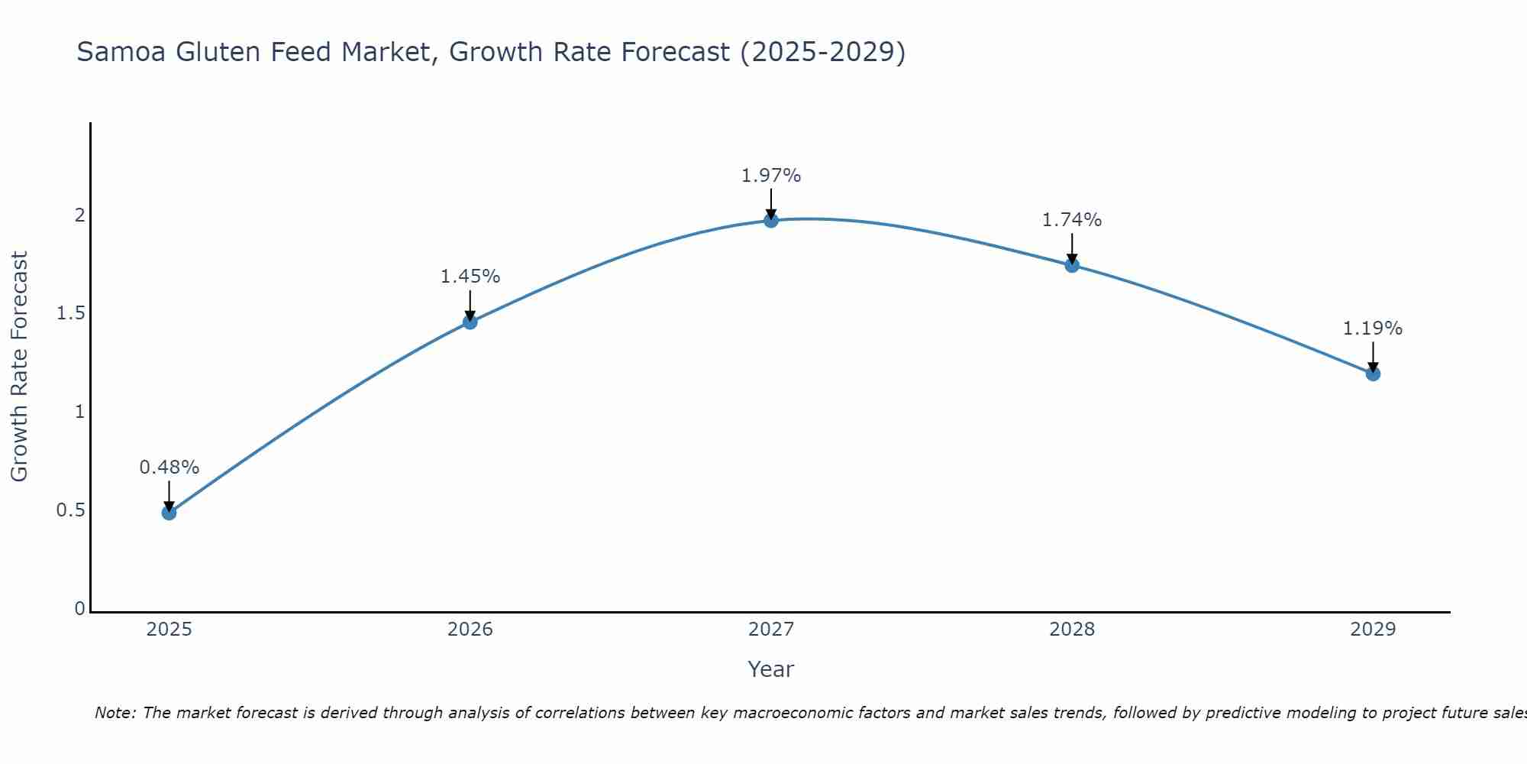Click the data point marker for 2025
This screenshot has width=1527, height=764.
click(x=169, y=512)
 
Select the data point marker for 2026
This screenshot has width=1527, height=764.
click(x=470, y=322)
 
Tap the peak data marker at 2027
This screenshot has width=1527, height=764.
click(x=771, y=220)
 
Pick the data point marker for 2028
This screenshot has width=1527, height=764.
click(x=1072, y=265)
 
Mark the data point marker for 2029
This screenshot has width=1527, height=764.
click(x=1373, y=374)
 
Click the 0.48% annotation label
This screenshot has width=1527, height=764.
click(x=169, y=467)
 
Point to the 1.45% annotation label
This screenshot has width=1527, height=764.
click(x=470, y=277)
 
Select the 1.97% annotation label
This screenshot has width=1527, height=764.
click(x=771, y=176)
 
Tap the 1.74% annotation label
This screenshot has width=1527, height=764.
click(x=1072, y=220)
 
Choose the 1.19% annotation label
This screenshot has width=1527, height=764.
click(x=1373, y=329)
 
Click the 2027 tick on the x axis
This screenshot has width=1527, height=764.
click(x=771, y=630)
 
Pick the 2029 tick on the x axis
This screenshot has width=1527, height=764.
click(x=1373, y=630)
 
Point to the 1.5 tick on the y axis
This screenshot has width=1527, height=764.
click(x=70, y=313)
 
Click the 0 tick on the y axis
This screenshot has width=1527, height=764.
click(x=79, y=609)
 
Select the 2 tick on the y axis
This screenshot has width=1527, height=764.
click(x=79, y=215)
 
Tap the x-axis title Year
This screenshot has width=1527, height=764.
click(x=771, y=669)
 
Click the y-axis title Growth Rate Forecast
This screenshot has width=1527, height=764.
click(x=19, y=367)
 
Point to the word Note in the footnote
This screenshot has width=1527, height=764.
click(x=115, y=713)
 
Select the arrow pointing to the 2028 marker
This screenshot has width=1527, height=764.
click(x=1072, y=248)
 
